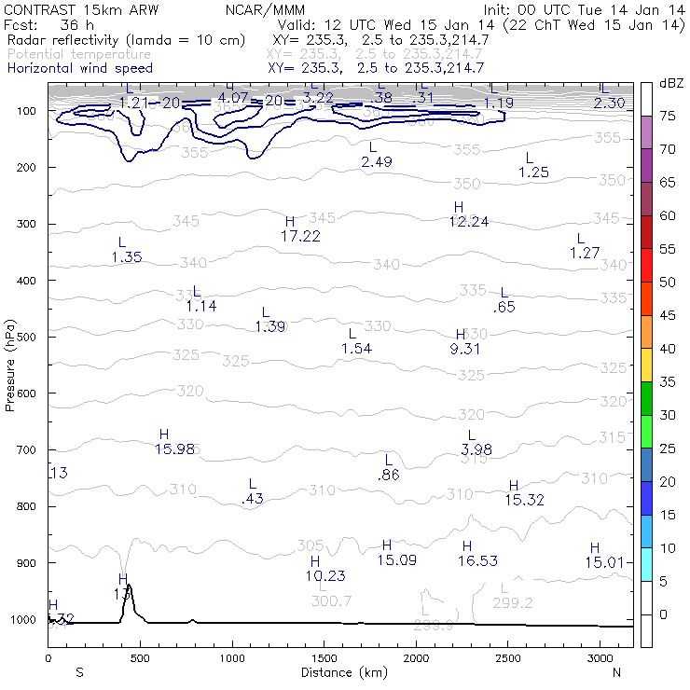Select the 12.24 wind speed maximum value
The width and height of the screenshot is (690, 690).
pyautogui.click(x=468, y=222)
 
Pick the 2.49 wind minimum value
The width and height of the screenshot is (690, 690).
pyautogui.click(x=377, y=162)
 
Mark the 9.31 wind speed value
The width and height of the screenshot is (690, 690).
pyautogui.click(x=464, y=349)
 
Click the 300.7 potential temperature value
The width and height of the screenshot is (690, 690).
pyautogui.click(x=331, y=601)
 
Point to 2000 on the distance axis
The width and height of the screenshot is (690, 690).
pyautogui.click(x=416, y=658)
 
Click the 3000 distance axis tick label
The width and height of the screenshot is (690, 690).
pyautogui.click(x=599, y=658)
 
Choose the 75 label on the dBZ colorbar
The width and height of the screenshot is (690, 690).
pyautogui.click(x=668, y=116)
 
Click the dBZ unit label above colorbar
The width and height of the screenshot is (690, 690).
pyautogui.click(x=671, y=83)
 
